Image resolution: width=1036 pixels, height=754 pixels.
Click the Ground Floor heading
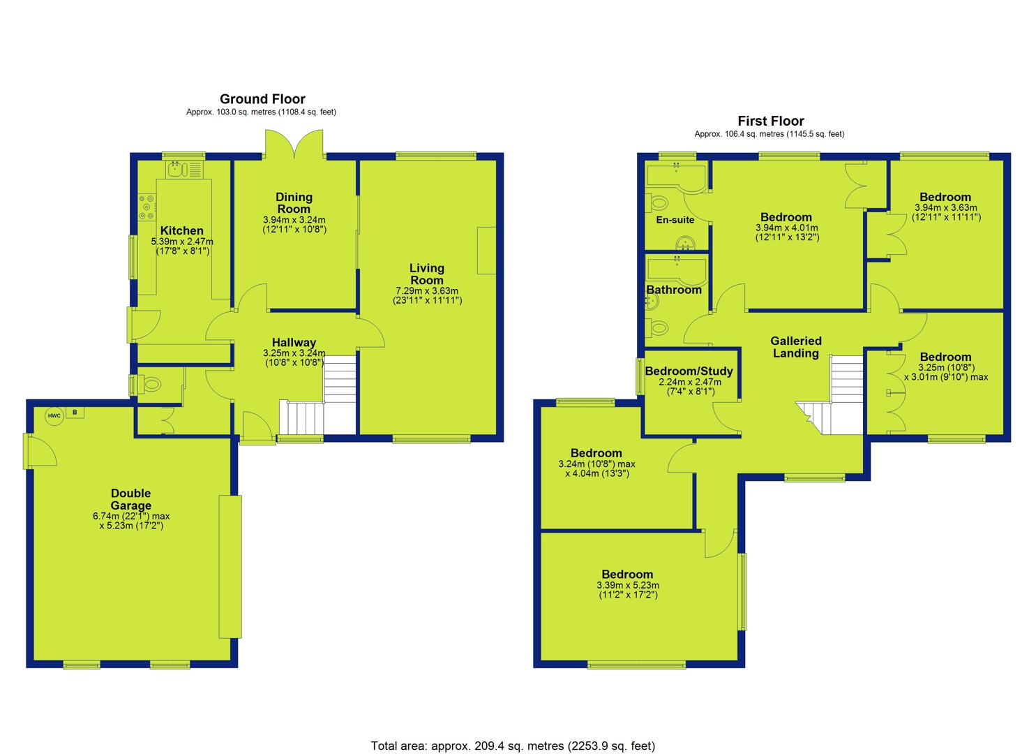point(262,99)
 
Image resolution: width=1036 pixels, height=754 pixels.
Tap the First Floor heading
point(770,121)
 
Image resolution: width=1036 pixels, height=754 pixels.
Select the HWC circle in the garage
point(54,416)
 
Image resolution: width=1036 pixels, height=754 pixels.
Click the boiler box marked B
point(75,413)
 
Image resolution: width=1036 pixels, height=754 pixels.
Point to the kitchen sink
point(184,169)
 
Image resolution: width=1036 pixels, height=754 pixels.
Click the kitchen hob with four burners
point(147,207)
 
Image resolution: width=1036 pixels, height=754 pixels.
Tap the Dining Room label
point(294,203)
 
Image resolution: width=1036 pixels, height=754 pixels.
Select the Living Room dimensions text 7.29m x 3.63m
point(427,291)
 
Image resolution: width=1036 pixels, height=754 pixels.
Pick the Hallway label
point(294,343)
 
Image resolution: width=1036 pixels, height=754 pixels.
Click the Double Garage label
point(131,499)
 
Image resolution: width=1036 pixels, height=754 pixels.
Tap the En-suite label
point(675,220)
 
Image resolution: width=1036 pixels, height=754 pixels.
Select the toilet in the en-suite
point(657,202)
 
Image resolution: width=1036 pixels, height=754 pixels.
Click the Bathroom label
point(674,290)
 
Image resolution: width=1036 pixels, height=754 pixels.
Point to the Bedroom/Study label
point(689,371)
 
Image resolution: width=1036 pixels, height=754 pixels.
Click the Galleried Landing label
point(795,347)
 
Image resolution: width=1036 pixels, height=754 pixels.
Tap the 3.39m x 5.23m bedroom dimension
point(628,586)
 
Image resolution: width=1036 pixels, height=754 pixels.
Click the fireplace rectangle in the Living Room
point(486,251)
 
